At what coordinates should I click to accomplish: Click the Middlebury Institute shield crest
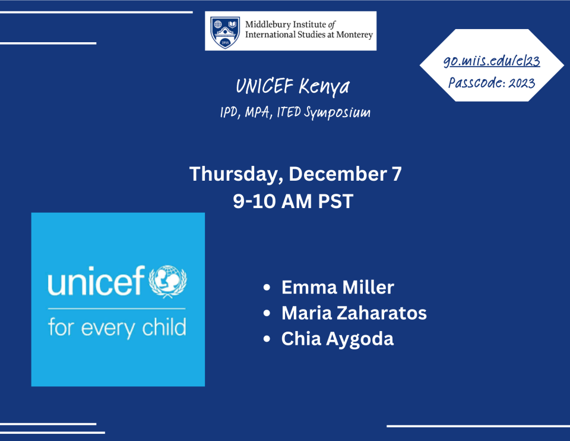[226, 32]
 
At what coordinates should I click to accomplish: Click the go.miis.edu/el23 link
[492, 61]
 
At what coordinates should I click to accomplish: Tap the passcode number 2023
[522, 83]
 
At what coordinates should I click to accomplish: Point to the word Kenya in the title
[324, 87]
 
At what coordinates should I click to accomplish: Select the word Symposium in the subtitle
[337, 113]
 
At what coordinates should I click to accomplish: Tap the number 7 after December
[397, 174]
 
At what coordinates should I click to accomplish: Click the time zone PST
[335, 201]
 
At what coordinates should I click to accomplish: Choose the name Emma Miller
[338, 287]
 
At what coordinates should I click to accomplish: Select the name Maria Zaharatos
[354, 313]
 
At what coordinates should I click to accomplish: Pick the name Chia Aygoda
[337, 339]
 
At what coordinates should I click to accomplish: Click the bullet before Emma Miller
[267, 288]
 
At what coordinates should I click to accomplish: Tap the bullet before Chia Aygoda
[267, 339]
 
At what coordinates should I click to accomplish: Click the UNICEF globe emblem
[167, 281]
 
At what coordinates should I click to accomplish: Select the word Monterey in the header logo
[354, 35]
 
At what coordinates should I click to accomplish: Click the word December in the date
[337, 174]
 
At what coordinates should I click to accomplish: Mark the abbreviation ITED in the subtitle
[289, 112]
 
